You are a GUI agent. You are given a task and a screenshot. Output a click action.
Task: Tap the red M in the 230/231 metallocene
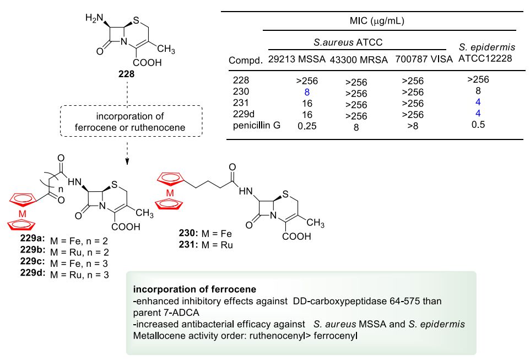pos(171,192)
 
